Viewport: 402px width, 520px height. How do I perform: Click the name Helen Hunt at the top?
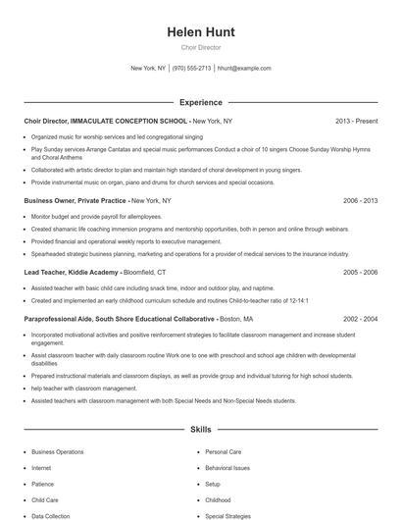(x=201, y=32)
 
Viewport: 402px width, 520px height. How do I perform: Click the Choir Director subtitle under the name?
(x=201, y=47)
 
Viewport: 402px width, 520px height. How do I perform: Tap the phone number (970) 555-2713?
(x=191, y=69)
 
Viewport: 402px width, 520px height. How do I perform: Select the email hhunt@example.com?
(x=244, y=69)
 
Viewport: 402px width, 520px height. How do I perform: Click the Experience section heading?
(x=201, y=102)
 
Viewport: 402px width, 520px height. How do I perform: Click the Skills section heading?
(x=201, y=430)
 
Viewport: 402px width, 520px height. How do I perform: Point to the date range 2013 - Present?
(x=356, y=121)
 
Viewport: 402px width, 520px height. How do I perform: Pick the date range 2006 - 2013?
(x=360, y=200)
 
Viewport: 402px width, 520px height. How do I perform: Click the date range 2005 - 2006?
(x=360, y=272)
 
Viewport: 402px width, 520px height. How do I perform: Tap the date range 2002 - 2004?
(x=360, y=319)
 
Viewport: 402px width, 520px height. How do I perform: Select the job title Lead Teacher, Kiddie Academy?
(x=72, y=272)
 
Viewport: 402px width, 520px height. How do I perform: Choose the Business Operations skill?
(x=57, y=452)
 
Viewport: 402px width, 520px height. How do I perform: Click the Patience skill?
(x=42, y=484)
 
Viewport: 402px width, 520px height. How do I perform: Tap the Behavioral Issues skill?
(x=227, y=468)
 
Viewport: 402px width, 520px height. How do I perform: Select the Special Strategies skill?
(x=228, y=515)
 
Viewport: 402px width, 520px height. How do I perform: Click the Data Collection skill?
(x=50, y=515)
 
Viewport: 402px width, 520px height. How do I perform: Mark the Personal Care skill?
(x=223, y=452)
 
